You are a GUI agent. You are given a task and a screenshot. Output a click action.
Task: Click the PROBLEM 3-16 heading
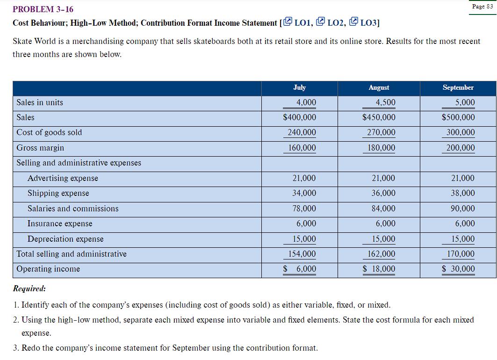pyautogui.click(x=43, y=9)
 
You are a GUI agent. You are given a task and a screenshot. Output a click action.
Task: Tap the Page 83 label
pyautogui.click(x=483, y=6)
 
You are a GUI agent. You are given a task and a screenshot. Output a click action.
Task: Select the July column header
pyautogui.click(x=299, y=87)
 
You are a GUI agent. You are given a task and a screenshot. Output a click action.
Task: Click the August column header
pyautogui.click(x=379, y=87)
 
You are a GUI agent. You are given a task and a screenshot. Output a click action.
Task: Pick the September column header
pyautogui.click(x=458, y=87)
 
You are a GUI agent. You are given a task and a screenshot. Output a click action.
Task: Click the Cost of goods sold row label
pyautogui.click(x=49, y=132)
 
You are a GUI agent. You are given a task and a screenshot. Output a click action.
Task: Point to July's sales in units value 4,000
pyautogui.click(x=306, y=102)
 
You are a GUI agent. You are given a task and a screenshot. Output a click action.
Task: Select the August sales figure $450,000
pyautogui.click(x=379, y=117)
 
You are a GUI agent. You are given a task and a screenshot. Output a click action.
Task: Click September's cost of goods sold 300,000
pyautogui.click(x=461, y=132)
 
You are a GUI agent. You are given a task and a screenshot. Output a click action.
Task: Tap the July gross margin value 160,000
pyautogui.click(x=302, y=148)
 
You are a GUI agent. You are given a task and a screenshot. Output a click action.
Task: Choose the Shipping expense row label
pyautogui.click(x=58, y=193)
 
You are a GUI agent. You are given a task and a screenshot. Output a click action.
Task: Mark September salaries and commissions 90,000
pyautogui.click(x=462, y=209)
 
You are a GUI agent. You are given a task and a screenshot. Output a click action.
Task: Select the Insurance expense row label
pyautogui.click(x=60, y=223)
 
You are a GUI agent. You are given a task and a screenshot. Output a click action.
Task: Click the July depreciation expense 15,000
pyautogui.click(x=304, y=239)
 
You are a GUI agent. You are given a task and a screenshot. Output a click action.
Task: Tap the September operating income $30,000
pyautogui.click(x=459, y=269)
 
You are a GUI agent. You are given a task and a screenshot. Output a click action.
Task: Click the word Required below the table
pyautogui.click(x=29, y=288)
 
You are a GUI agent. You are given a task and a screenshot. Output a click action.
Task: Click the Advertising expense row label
pyautogui.click(x=63, y=178)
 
